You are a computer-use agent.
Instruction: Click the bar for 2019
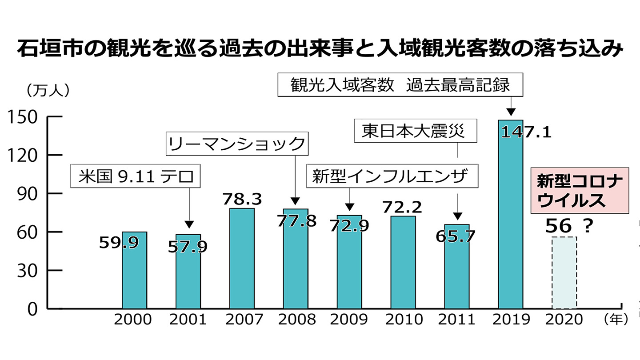pos(510,222)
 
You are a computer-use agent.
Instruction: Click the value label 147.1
pos(526,132)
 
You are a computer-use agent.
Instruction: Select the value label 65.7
pos(456,236)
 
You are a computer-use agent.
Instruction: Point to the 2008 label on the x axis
pos(296,319)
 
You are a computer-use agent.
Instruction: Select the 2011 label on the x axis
pos(457,319)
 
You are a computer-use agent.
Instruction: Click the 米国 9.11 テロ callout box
pos(136,176)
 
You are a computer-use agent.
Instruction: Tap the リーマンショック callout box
pos(237,143)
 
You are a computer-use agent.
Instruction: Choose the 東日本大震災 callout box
pos(416,131)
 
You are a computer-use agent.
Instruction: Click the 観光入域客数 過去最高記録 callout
pos(400,85)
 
